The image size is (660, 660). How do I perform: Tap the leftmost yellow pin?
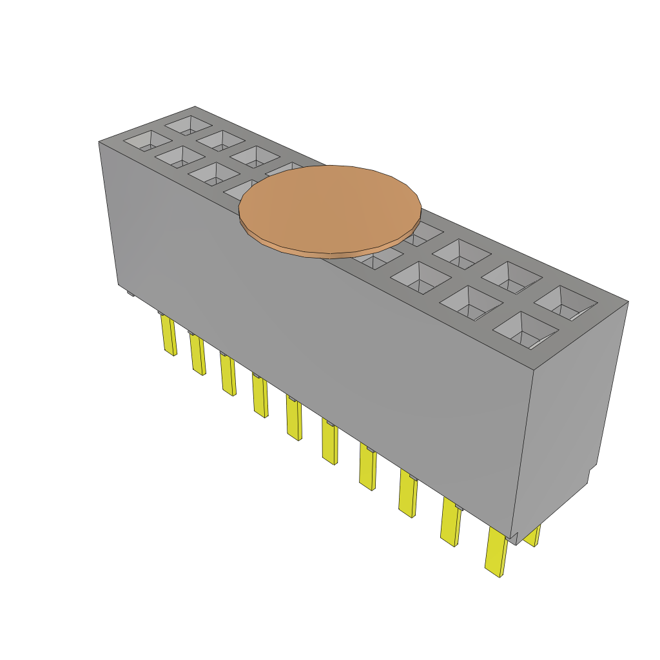pyautogui.click(x=169, y=335)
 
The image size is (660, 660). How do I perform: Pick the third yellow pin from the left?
pyautogui.click(x=228, y=375)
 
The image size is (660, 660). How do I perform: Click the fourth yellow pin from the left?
pyautogui.click(x=260, y=397)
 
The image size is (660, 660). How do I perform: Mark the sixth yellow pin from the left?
pyautogui.click(x=329, y=443)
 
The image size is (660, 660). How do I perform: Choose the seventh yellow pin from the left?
pyautogui.click(x=367, y=469)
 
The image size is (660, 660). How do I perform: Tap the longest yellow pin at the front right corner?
pyautogui.click(x=496, y=552)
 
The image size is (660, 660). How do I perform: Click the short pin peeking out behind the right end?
pyautogui.click(x=532, y=536)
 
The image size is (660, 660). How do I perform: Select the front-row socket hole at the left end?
pyautogui.click(x=148, y=141)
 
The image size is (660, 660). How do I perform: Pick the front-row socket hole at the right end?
pyautogui.click(x=525, y=331)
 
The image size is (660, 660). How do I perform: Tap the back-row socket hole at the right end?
pyautogui.click(x=565, y=303)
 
